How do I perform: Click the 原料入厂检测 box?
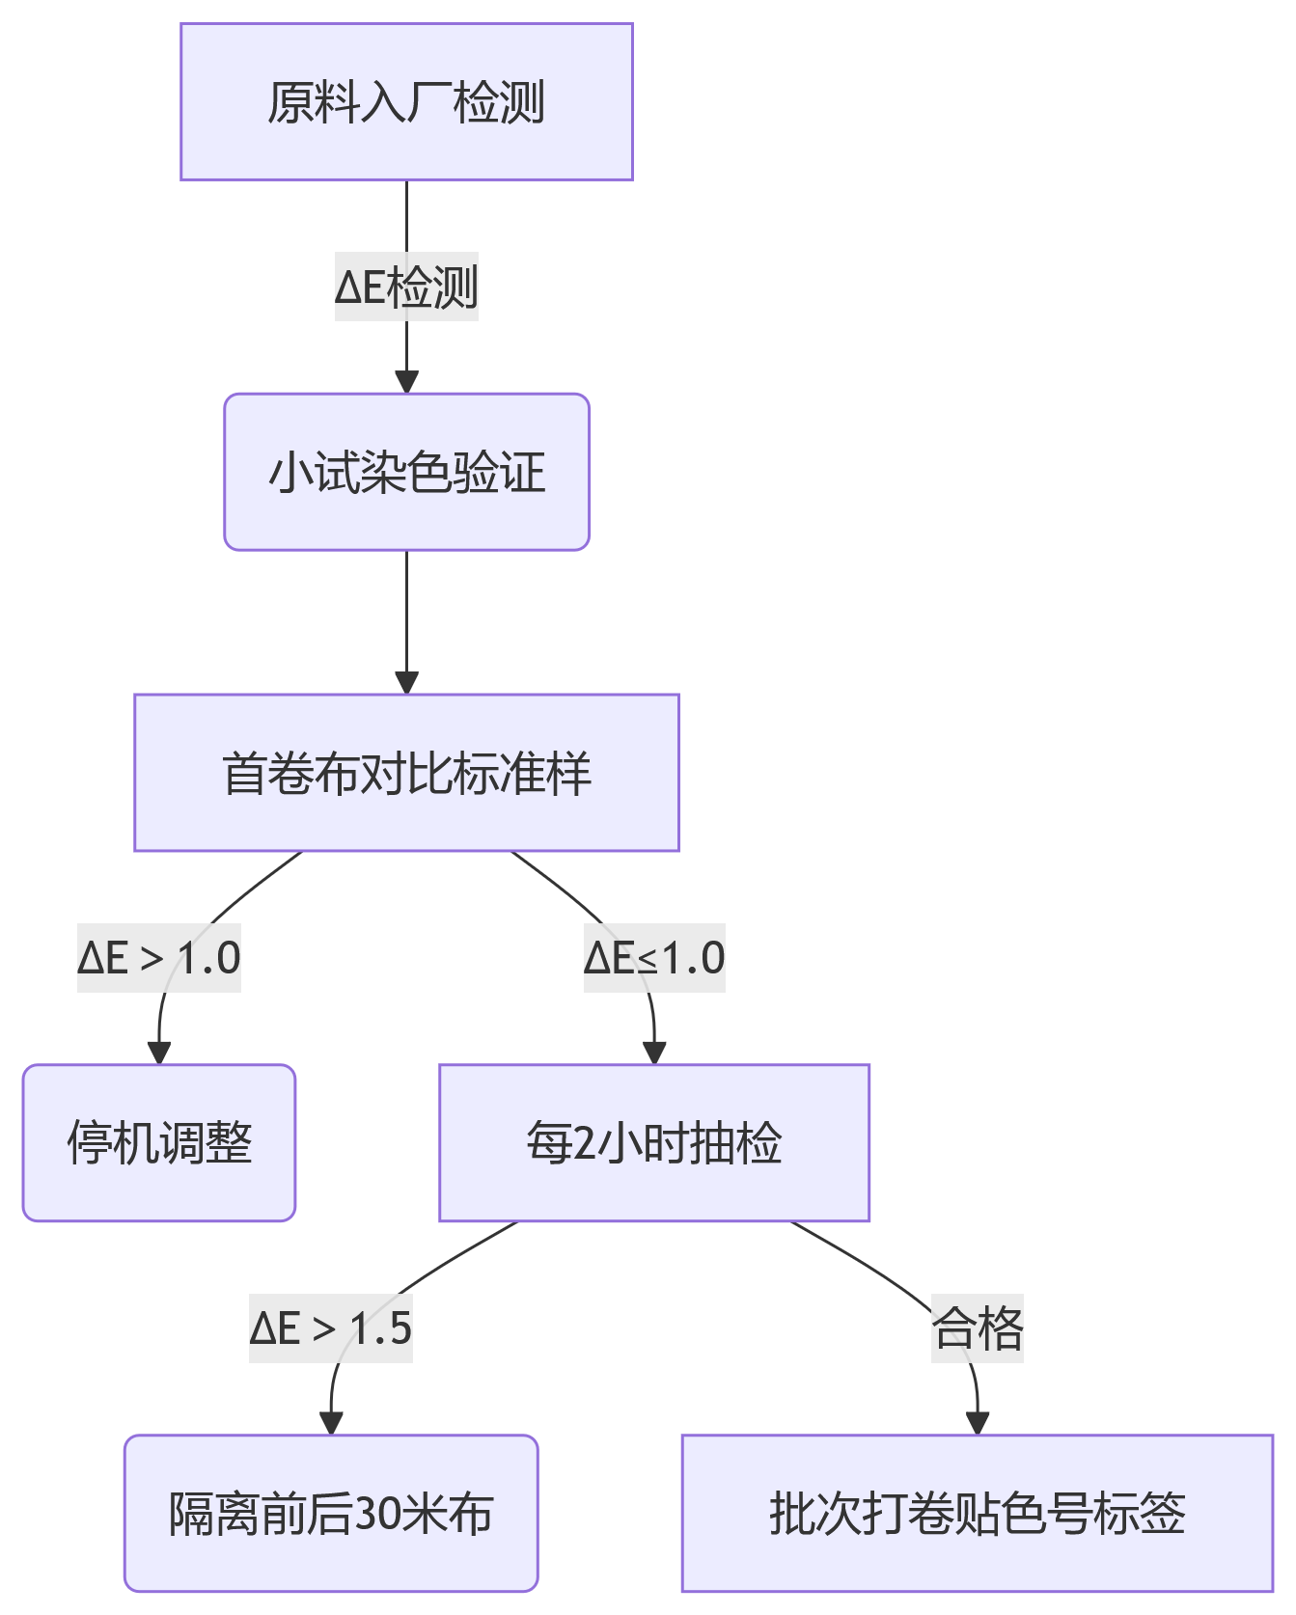(x=406, y=102)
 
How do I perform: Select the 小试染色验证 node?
(x=406, y=473)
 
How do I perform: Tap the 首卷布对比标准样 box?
(x=406, y=773)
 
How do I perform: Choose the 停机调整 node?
(x=159, y=1143)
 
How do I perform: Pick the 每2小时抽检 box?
(x=654, y=1143)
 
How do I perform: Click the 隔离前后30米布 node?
(x=331, y=1513)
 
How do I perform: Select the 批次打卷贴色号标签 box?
(x=977, y=1513)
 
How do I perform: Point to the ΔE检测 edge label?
(x=406, y=287)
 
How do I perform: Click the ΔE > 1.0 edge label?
(x=159, y=958)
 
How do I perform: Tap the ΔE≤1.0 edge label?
(x=654, y=958)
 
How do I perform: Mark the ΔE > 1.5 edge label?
(x=331, y=1328)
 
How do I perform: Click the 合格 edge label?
(x=977, y=1328)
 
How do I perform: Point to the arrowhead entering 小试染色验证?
(x=406, y=382)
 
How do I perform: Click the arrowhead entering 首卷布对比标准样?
(x=406, y=682)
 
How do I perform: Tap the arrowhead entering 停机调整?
(x=159, y=1054)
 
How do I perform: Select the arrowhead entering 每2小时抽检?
(x=654, y=1054)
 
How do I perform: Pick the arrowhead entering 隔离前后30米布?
(x=331, y=1423)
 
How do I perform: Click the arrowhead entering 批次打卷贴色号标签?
(x=977, y=1423)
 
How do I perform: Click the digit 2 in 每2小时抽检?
(x=585, y=1144)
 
